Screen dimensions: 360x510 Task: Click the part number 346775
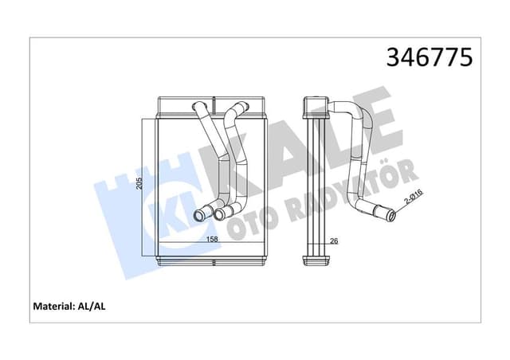[x=430, y=57]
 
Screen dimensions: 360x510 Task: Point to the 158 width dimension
[x=191, y=237]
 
